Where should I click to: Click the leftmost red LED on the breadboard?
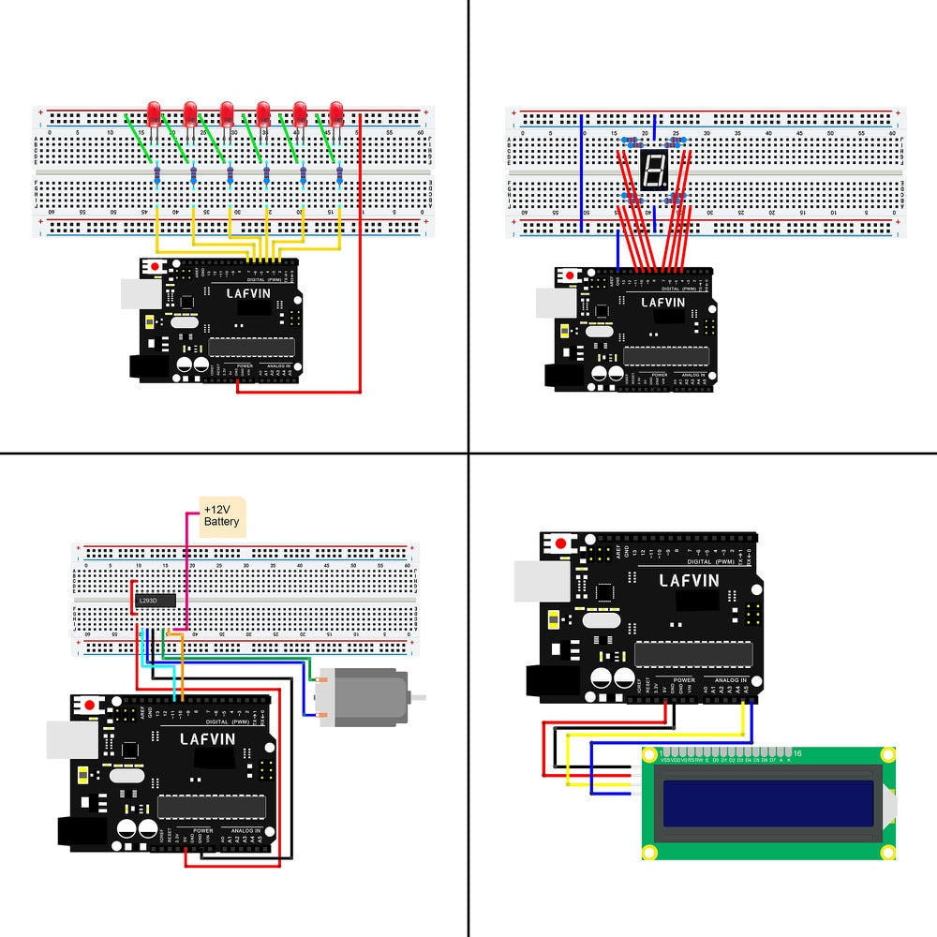(154, 112)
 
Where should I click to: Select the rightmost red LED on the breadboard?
(336, 114)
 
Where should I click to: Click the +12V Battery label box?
(222, 515)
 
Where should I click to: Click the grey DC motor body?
(364, 695)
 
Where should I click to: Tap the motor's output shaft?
(419, 696)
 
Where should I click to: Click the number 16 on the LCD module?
(797, 753)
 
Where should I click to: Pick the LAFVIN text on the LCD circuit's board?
(689, 580)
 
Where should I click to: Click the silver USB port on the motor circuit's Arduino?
(70, 739)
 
